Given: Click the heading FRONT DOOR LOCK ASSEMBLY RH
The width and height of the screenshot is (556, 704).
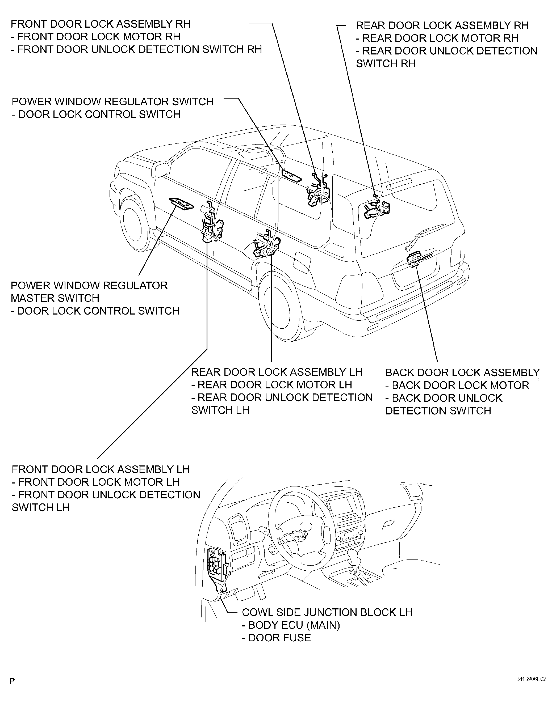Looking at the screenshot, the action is [x=101, y=24].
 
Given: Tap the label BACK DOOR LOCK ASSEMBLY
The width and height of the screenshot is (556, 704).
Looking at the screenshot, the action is [x=463, y=372].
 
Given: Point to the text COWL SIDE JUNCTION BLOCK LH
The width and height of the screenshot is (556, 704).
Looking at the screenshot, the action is [x=327, y=612].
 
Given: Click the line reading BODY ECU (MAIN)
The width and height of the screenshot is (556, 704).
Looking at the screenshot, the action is [x=291, y=625].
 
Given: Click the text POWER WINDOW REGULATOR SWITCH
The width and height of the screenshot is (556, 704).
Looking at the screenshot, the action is [x=113, y=101].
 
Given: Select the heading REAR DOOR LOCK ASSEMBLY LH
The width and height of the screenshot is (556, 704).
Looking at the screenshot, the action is [x=277, y=372].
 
